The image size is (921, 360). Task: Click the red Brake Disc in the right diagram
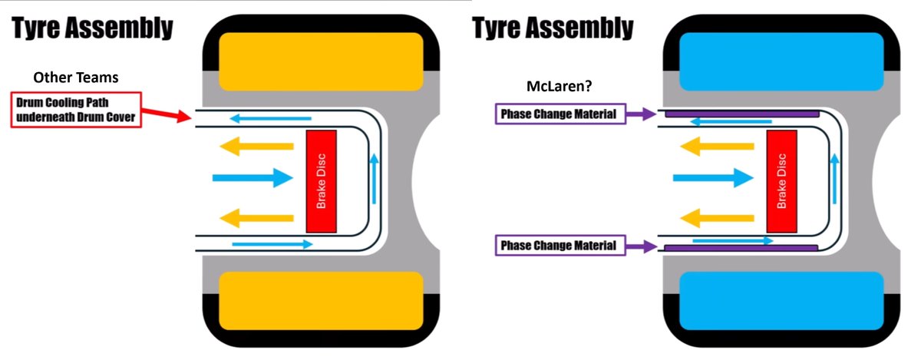[782, 181]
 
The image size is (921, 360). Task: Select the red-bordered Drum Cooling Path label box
[75, 111]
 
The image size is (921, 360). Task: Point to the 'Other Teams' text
[74, 78]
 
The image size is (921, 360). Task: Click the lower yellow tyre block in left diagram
[321, 299]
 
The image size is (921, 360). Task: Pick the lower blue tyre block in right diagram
[781, 299]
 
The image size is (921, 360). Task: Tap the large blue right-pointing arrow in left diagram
[253, 178]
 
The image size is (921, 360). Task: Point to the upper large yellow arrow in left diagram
[257, 146]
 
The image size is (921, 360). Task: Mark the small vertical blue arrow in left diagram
[375, 181]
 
